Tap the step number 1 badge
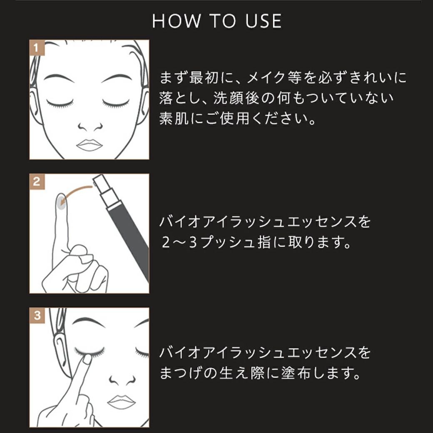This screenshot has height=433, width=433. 37,47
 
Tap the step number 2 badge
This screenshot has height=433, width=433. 37,181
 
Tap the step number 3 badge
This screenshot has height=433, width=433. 37,315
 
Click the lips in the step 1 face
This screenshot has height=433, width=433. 89,144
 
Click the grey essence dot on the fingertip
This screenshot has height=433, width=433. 61,204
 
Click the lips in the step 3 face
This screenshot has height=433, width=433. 121,402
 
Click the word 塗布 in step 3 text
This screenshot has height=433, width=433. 294,373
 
